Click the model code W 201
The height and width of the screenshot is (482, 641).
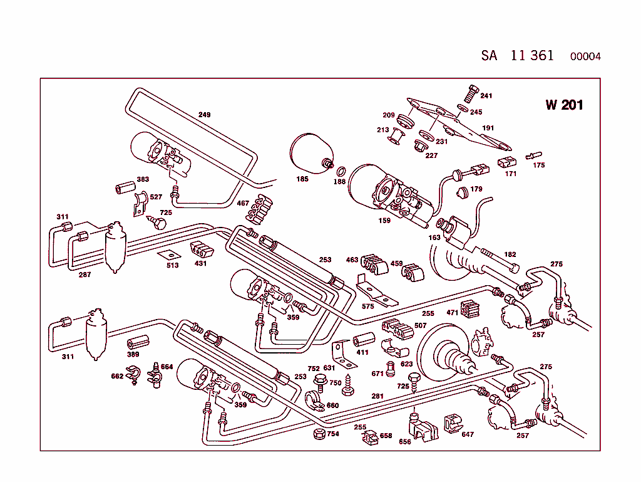(x=564, y=105)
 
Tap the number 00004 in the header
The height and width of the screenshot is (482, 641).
(x=585, y=56)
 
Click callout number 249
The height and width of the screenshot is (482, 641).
(x=204, y=115)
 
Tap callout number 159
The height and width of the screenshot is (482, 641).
(x=384, y=220)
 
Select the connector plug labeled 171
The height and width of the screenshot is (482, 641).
(x=507, y=163)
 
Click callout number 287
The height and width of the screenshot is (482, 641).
(x=85, y=274)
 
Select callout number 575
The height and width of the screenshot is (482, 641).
(x=367, y=306)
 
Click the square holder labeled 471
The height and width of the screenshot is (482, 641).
(x=469, y=308)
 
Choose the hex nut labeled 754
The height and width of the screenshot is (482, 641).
(x=317, y=434)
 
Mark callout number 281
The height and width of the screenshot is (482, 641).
(x=377, y=396)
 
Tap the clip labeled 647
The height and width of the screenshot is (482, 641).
(x=453, y=423)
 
